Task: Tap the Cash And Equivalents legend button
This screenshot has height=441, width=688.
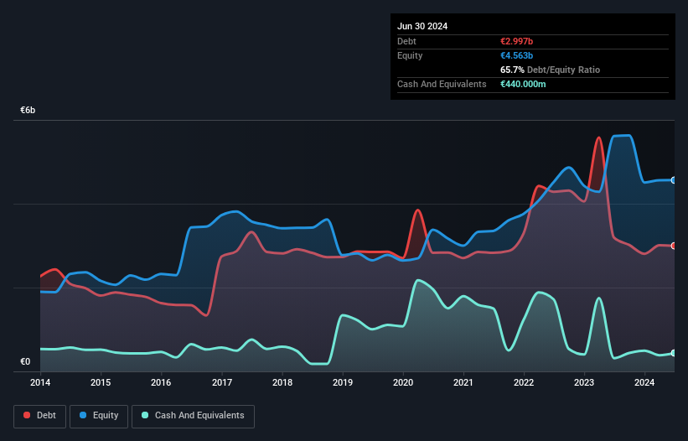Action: click(193, 416)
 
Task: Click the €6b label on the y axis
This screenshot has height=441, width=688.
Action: click(28, 111)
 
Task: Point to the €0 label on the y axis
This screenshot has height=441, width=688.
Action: click(25, 362)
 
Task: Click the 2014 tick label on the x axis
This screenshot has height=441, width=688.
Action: click(40, 383)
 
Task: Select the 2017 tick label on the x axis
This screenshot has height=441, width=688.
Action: click(222, 383)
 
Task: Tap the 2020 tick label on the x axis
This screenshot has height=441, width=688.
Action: click(403, 383)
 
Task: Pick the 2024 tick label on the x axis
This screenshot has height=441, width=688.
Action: click(644, 383)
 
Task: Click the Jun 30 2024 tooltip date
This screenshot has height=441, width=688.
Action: click(422, 26)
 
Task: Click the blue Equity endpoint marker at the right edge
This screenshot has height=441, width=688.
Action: click(674, 180)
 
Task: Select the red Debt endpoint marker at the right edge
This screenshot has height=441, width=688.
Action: click(674, 245)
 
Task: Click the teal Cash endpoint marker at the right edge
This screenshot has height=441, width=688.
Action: click(674, 353)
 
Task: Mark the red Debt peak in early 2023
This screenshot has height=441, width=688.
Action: click(598, 138)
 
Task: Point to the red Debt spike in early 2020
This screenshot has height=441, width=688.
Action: click(417, 210)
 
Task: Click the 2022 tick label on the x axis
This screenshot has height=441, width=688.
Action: click(524, 383)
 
